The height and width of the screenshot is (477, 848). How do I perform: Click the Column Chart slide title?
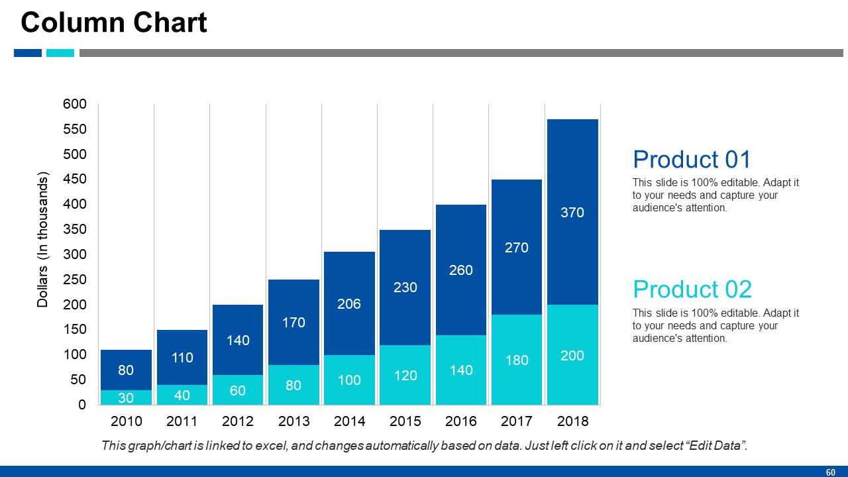coord(114,23)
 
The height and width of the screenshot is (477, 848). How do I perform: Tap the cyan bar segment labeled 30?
coord(126,397)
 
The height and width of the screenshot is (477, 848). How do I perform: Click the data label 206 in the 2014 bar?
coord(349,304)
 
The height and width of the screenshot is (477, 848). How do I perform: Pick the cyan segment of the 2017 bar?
coord(517,360)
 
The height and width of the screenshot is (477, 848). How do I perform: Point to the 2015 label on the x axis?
coord(405,421)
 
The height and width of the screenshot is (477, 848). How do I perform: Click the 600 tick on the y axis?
coord(75,104)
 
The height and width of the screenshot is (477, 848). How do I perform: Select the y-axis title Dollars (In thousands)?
coord(43,240)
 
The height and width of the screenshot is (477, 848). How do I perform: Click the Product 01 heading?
coord(692,160)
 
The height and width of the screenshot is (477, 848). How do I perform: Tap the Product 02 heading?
coord(692,290)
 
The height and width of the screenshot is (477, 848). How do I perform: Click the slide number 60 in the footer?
coord(830,472)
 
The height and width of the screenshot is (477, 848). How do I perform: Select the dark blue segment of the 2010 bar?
coord(126,370)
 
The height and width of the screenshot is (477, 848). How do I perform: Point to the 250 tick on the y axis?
coord(75,280)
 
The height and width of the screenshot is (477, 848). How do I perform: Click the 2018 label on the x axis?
coord(572,421)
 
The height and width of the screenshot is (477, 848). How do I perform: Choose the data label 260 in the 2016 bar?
coord(461,270)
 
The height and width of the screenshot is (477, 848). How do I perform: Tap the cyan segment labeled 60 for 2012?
coord(238,390)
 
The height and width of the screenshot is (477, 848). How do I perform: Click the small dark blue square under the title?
coord(28,53)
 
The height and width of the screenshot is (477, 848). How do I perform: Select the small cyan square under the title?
coord(60,53)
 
